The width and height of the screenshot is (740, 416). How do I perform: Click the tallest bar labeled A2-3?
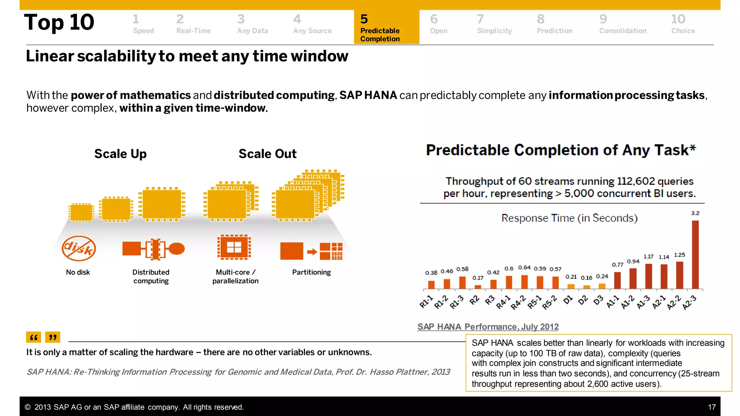[695, 255]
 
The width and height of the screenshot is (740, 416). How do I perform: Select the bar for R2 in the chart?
[478, 287]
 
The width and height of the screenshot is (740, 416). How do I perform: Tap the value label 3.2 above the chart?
[695, 213]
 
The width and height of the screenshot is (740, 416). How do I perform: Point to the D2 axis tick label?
[582, 300]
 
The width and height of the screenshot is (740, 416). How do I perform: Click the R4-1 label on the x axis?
[503, 302]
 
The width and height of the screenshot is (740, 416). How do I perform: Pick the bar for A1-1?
[617, 280]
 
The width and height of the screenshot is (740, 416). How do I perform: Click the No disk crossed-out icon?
[78, 248]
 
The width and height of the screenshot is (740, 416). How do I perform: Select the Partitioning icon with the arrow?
[311, 251]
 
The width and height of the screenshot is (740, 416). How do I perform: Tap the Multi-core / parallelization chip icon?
[234, 247]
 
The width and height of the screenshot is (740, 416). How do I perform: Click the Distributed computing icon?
[153, 249]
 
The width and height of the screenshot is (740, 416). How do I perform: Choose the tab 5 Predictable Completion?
[386, 27]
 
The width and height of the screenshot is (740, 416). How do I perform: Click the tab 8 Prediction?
[554, 24]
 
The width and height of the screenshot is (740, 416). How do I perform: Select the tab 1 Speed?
[143, 24]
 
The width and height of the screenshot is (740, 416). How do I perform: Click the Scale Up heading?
[120, 154]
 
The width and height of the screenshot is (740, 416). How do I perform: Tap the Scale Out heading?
[267, 154]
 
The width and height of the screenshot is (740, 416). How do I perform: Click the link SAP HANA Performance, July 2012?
[488, 327]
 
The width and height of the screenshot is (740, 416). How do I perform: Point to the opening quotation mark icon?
[33, 337]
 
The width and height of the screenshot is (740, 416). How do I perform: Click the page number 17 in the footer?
[711, 407]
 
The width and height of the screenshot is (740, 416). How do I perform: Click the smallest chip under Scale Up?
[81, 212]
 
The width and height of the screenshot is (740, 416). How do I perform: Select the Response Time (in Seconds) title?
[569, 218]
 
